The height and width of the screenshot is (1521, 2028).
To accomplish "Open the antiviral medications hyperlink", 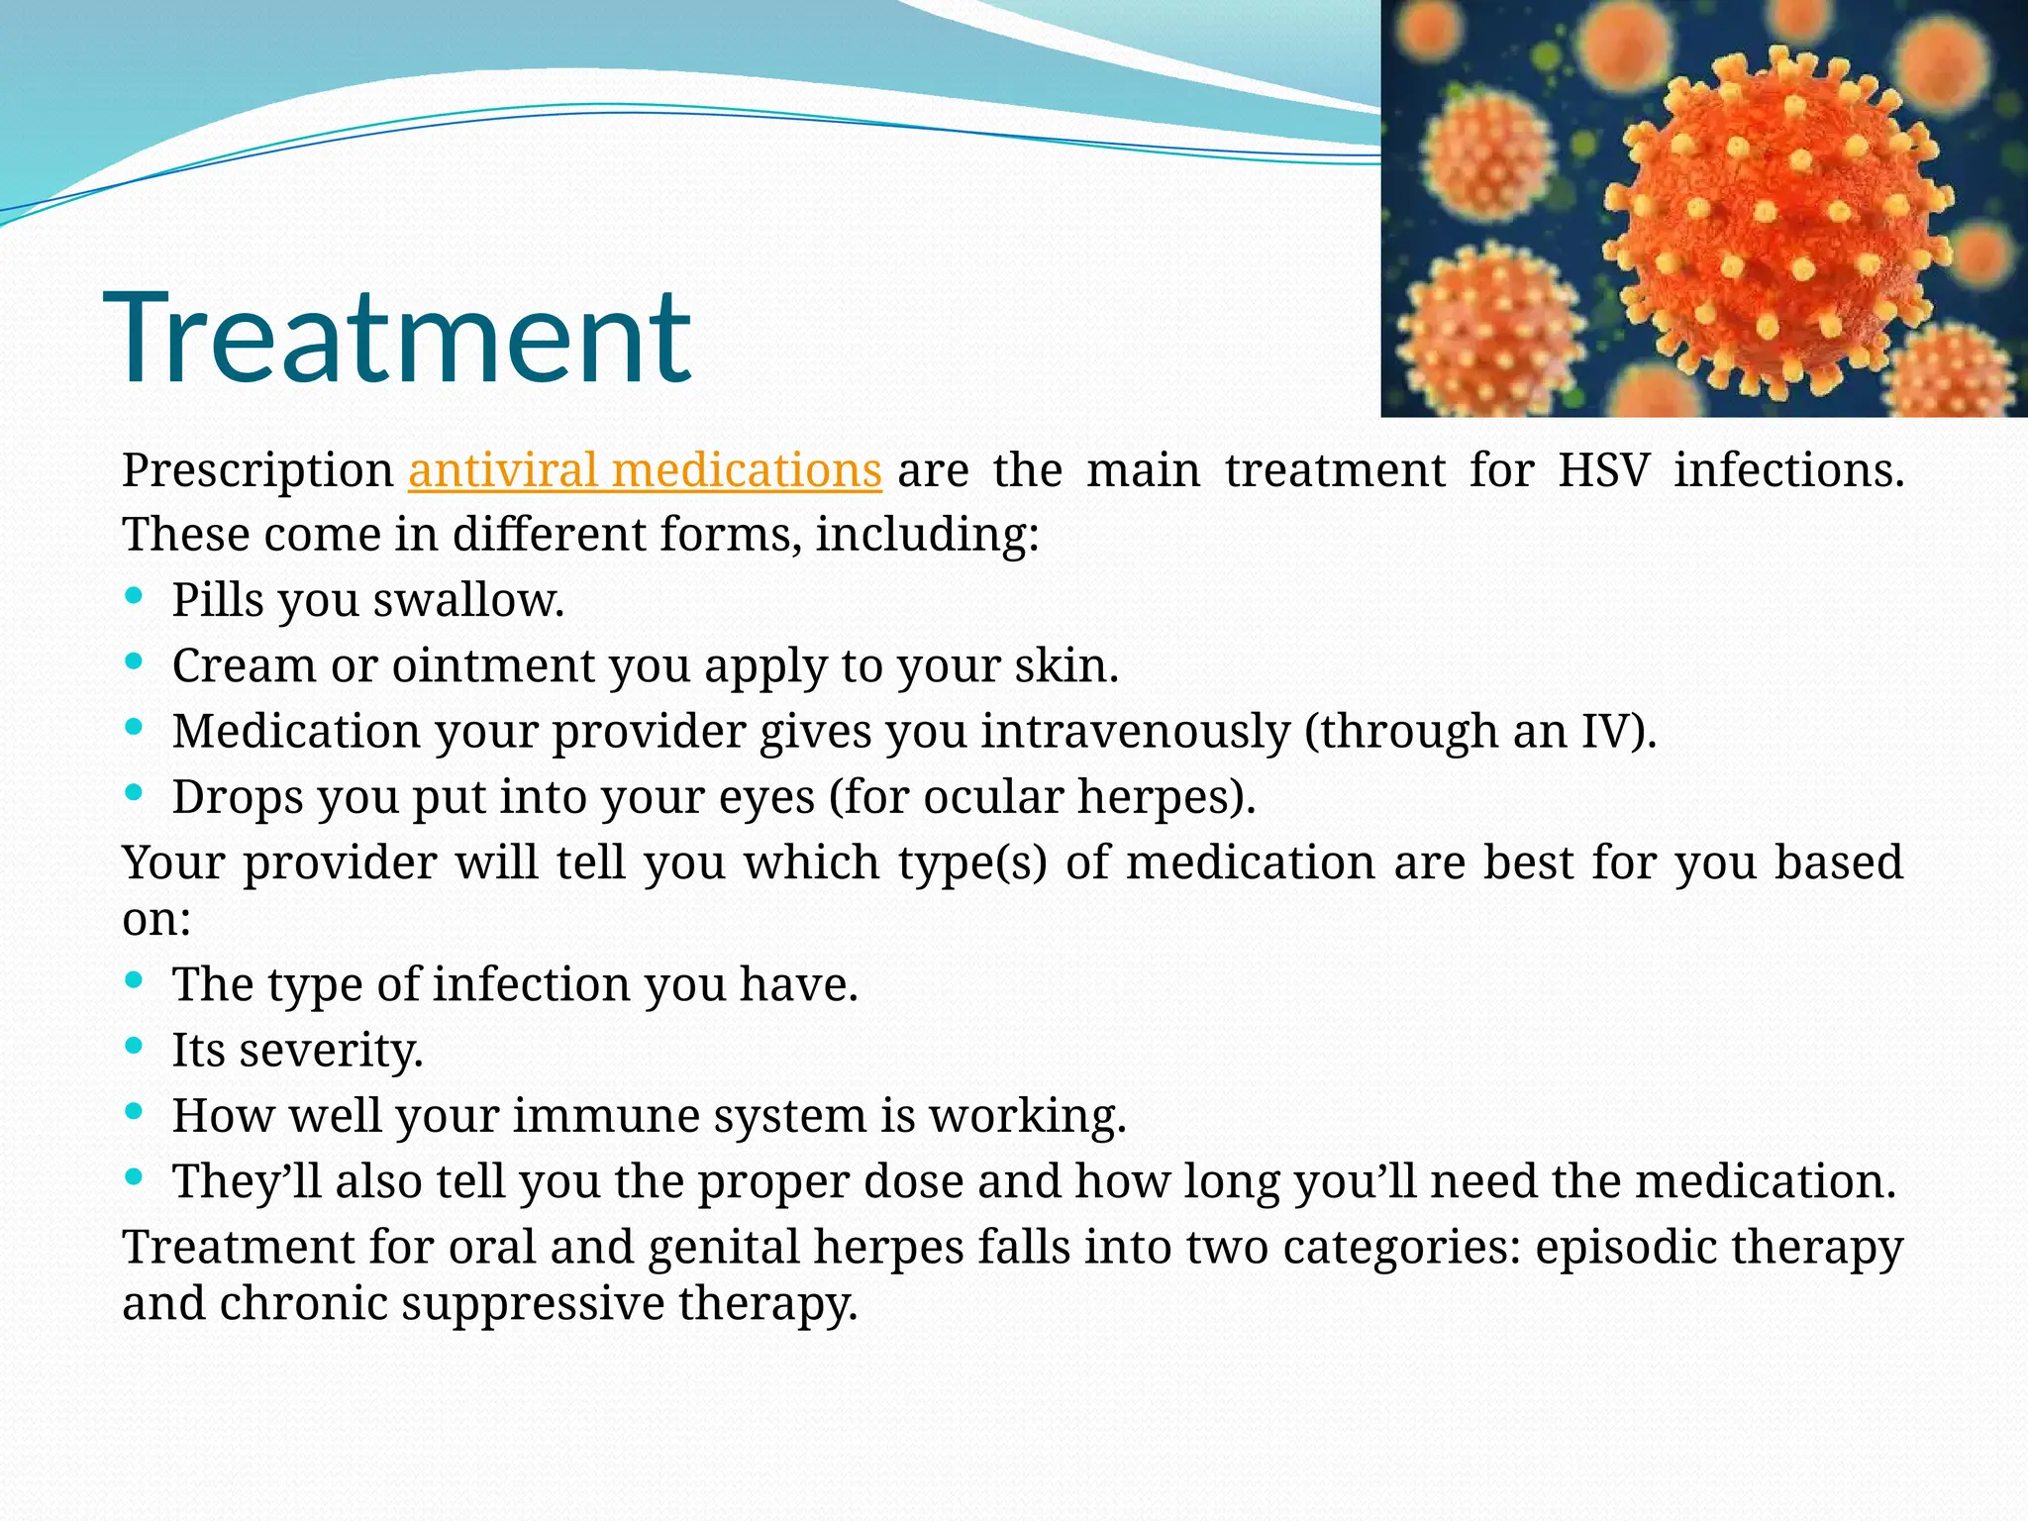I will [x=645, y=469].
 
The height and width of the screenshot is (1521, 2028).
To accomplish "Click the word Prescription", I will [x=257, y=469].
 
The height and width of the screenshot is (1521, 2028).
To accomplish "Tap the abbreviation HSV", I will [x=1603, y=469].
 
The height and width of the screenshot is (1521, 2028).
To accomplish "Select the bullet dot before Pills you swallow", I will [x=135, y=596].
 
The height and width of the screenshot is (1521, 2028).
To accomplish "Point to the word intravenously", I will [x=1136, y=731].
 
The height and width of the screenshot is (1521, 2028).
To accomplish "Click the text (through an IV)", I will [x=1480, y=731].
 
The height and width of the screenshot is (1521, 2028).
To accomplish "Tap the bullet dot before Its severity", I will [x=135, y=1046].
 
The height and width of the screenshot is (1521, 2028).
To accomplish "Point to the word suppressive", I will [x=532, y=1302].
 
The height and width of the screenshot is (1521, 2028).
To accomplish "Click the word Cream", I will [x=243, y=664].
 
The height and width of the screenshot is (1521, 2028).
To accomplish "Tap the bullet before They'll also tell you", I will [x=135, y=1176].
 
